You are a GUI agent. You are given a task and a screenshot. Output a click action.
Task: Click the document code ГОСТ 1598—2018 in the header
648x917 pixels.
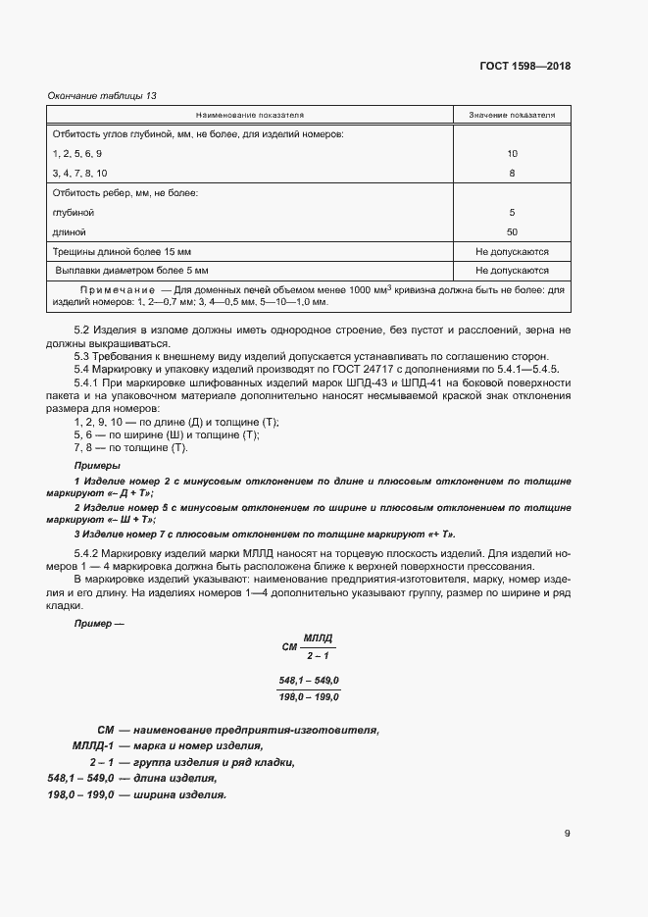pyautogui.click(x=524, y=67)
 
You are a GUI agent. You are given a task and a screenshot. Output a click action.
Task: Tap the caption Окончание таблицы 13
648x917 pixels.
pyautogui.click(x=102, y=95)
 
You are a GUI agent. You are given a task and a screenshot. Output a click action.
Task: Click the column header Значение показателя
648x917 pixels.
pyautogui.click(x=511, y=115)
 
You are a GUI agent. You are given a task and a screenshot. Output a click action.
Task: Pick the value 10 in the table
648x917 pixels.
pyautogui.click(x=512, y=154)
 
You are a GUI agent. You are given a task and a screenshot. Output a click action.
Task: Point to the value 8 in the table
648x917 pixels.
pyautogui.click(x=512, y=174)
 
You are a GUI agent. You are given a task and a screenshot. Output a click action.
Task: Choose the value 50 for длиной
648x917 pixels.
pyautogui.click(x=512, y=232)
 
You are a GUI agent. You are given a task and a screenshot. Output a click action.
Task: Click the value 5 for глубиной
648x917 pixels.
pyautogui.click(x=512, y=213)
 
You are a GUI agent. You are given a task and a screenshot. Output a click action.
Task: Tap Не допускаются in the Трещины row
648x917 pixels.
pyautogui.click(x=512, y=252)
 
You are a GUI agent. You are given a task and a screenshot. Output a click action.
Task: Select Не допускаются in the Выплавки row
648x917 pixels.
pyautogui.click(x=512, y=271)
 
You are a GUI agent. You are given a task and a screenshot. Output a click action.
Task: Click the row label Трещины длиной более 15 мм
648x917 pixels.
pyautogui.click(x=116, y=252)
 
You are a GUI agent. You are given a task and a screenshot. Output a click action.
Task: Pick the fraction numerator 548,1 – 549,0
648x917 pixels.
pyautogui.click(x=309, y=682)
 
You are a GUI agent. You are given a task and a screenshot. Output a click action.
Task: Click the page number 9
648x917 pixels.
pyautogui.click(x=567, y=834)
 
